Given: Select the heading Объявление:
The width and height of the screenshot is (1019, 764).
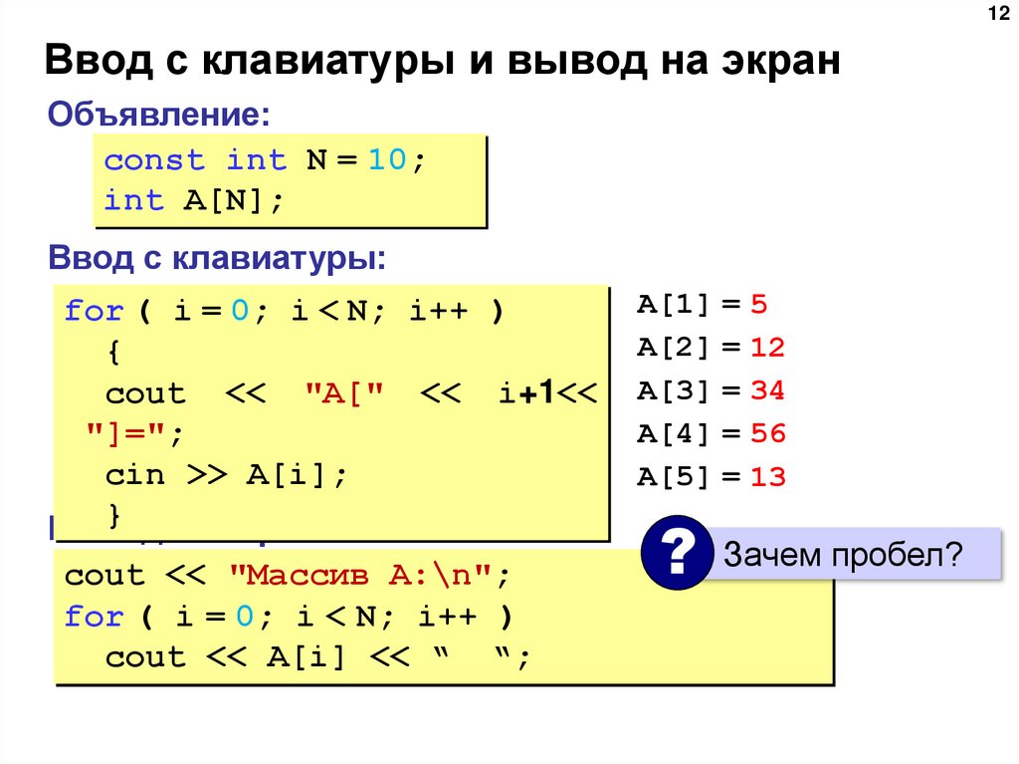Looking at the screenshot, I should [x=159, y=113].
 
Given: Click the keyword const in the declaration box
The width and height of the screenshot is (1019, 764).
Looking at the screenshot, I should [x=154, y=160].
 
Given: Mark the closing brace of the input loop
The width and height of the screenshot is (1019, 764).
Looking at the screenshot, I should [x=113, y=515].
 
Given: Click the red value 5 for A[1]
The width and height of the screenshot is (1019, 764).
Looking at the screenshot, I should [x=760, y=305].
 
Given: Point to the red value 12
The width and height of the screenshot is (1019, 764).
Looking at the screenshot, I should [x=768, y=348].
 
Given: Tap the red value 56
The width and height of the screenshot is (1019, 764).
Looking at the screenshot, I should [x=768, y=434].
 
